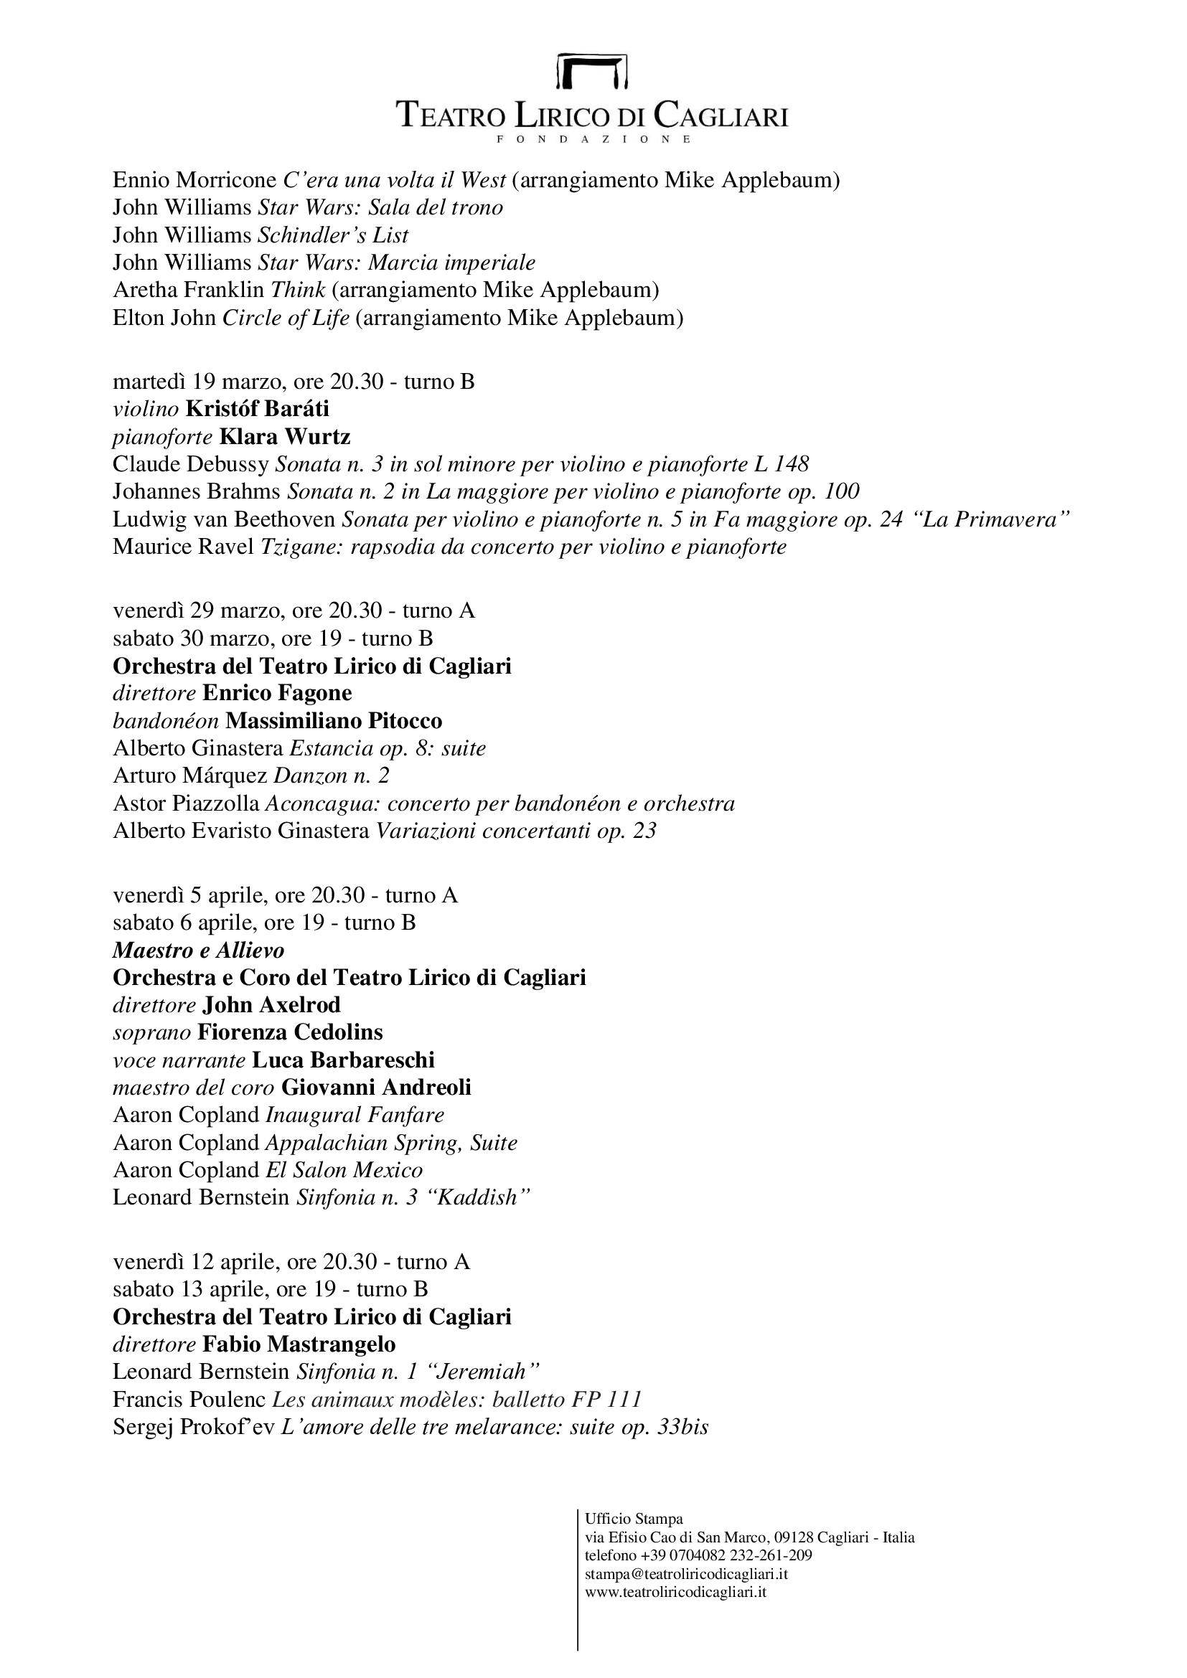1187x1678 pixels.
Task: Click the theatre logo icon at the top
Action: pos(593,72)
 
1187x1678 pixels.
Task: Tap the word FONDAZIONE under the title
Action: pos(593,139)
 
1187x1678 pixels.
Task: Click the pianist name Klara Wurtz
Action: pos(285,437)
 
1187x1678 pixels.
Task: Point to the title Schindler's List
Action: pos(333,235)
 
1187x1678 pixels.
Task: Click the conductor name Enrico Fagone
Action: pos(277,693)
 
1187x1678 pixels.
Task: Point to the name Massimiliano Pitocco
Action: pos(334,721)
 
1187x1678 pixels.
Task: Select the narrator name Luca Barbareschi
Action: pos(343,1060)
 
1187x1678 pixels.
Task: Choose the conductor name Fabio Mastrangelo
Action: pos(299,1344)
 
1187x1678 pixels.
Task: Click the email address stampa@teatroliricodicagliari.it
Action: pos(686,1574)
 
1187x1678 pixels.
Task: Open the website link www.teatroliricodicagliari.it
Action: pos(675,1592)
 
